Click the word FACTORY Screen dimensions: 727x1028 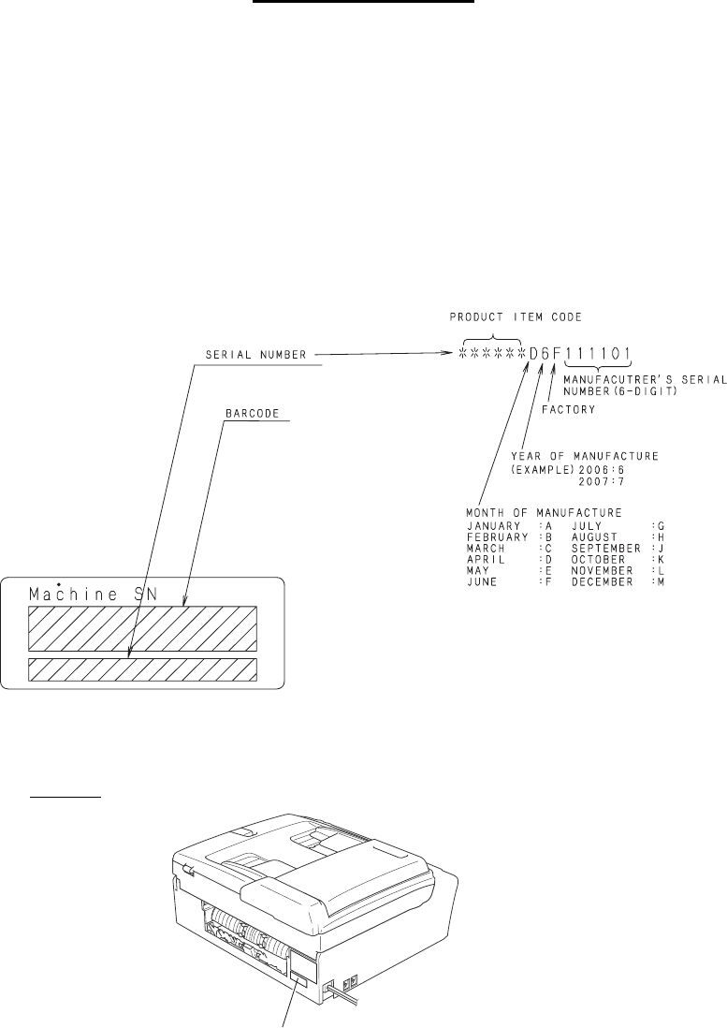point(572,409)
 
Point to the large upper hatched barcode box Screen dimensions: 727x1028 point(142,627)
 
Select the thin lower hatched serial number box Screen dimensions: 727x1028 point(142,669)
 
